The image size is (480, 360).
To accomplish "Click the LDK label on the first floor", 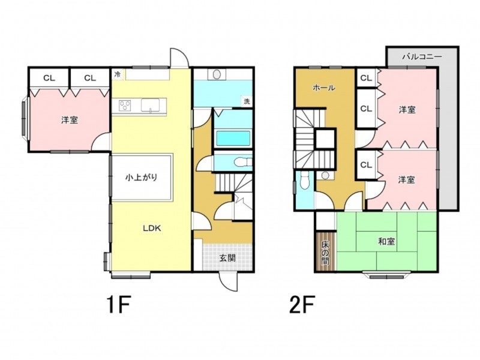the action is (152, 229).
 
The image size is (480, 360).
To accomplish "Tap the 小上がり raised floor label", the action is (141, 177).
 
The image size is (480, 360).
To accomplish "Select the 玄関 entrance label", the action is (227, 258).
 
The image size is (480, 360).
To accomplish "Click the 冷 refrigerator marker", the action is (118, 74).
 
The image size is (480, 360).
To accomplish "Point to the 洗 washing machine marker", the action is (247, 101).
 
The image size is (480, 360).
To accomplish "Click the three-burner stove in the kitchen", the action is (125, 106).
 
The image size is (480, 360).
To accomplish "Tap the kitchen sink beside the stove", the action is (150, 106).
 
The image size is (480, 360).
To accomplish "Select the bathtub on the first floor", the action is (233, 139).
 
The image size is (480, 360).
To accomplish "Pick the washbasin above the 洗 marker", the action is (217, 74).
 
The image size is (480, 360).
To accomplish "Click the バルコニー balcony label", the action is (422, 57).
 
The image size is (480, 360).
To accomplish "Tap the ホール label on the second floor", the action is (324, 88).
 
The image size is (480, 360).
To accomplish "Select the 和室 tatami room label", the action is (386, 242).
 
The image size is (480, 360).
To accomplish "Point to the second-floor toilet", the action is (305, 181).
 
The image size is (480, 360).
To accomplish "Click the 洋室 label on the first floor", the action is (70, 120).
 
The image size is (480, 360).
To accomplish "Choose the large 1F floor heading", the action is (119, 304).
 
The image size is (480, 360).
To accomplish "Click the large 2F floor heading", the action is (302, 304).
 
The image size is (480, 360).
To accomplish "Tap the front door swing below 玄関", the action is (228, 281).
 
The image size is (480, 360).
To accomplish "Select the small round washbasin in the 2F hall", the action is (325, 175).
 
